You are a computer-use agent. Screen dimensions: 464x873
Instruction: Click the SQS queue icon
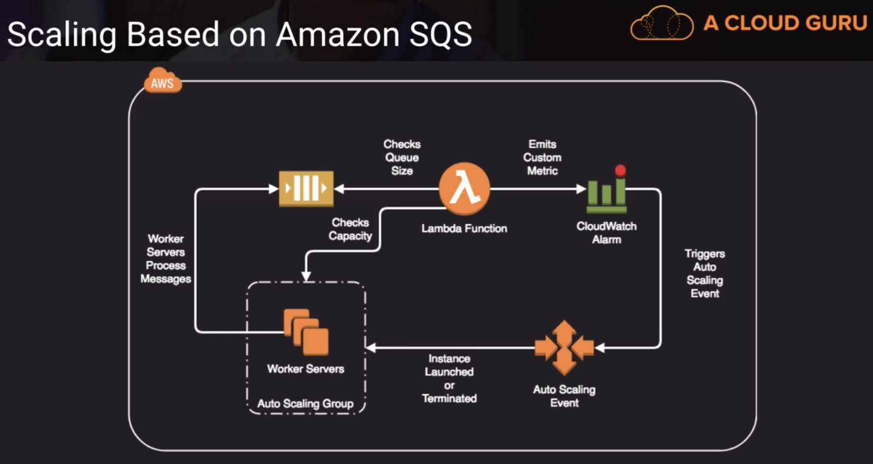(306, 189)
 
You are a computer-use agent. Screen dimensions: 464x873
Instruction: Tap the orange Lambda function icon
(464, 188)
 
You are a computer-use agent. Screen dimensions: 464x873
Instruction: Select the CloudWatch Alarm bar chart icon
(606, 195)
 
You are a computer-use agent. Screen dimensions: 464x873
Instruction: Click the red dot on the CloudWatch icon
(620, 170)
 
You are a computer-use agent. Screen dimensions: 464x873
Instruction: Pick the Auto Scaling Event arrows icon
(564, 348)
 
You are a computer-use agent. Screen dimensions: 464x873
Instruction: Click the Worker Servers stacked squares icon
(306, 332)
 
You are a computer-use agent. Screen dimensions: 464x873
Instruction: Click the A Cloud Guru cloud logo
(662, 23)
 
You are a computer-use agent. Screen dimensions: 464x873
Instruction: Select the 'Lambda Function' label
(464, 229)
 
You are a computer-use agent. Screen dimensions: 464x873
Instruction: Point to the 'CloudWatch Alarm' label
(606, 233)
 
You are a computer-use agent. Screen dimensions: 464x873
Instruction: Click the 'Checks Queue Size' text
(402, 158)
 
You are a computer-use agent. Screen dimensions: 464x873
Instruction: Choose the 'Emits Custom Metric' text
(542, 158)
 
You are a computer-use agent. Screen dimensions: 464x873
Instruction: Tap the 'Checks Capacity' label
(350, 230)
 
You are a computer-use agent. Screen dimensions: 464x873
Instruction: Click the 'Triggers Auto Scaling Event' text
(705, 273)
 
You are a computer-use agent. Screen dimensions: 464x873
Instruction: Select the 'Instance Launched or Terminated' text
(449, 378)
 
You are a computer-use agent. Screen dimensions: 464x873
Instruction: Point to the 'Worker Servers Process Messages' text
(166, 259)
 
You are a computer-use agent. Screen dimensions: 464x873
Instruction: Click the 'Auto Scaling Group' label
(305, 404)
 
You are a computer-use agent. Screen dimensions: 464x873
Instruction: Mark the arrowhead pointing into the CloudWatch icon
(581, 189)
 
